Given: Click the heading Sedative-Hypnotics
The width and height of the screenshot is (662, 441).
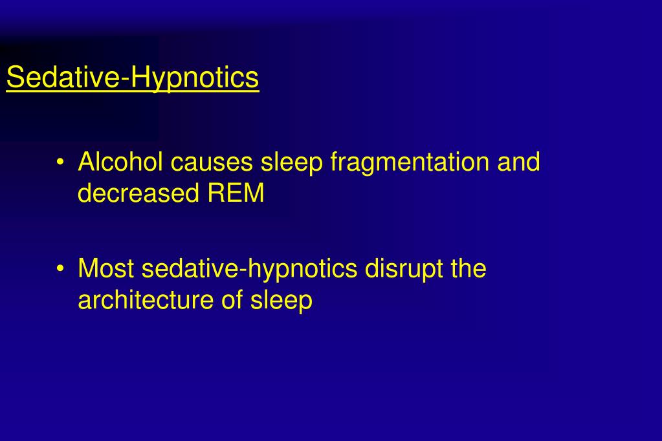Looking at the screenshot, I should [133, 78].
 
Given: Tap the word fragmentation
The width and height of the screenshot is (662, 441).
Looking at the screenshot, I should [410, 162].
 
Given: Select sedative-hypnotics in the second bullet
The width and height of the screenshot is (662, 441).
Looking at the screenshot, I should [249, 268].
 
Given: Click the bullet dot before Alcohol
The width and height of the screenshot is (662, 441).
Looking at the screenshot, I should [60, 162].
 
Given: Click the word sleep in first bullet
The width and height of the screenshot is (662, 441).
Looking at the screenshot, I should [291, 162].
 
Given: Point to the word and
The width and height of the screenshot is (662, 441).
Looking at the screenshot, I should [518, 162].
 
